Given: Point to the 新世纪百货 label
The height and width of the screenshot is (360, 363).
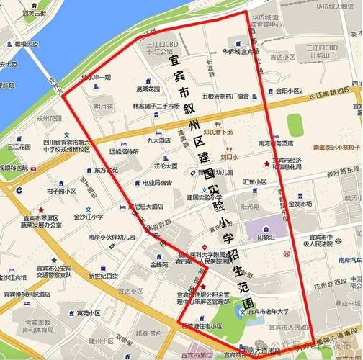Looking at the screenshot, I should [x=103, y=275].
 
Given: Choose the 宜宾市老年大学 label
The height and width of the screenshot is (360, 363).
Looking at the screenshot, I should [x=269, y=312].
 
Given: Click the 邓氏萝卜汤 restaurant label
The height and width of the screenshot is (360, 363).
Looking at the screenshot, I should [x=218, y=132].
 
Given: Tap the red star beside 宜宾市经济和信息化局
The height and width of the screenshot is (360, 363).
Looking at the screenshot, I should [x=266, y=164].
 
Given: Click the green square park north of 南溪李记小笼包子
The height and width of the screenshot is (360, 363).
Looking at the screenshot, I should [x=295, y=124].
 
